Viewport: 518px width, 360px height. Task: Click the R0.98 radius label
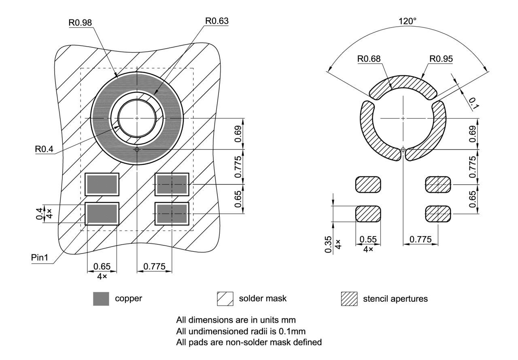[80, 22]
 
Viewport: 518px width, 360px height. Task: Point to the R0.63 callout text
[217, 21]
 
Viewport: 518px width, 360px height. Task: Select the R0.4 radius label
[44, 149]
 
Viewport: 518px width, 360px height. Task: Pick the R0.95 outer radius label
[441, 59]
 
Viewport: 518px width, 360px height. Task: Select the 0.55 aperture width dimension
[368, 240]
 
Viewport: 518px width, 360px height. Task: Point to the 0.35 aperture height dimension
[328, 244]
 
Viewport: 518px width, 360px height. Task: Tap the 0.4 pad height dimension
[39, 211]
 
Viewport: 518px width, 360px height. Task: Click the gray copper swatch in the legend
[101, 299]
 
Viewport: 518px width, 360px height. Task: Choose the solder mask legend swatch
[225, 299]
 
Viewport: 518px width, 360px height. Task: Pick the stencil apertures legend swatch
[350, 299]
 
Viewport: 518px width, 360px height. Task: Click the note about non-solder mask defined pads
[249, 342]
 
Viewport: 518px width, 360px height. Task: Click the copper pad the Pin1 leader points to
[102, 213]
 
